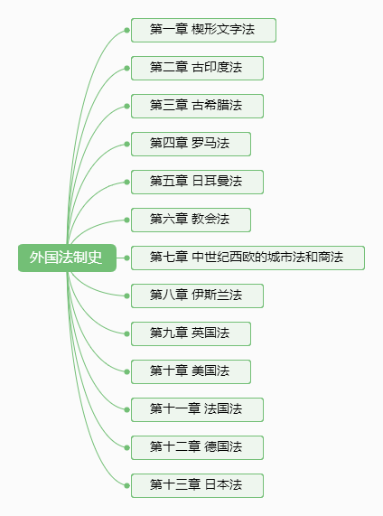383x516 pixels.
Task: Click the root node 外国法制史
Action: pyautogui.click(x=67, y=258)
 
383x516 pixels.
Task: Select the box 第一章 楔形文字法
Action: pyautogui.click(x=203, y=31)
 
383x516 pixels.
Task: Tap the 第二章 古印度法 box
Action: pyautogui.click(x=197, y=68)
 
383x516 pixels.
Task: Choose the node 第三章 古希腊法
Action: pyautogui.click(x=197, y=106)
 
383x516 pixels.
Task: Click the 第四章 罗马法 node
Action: pyautogui.click(x=191, y=145)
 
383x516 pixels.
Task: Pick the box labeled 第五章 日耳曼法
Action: pyautogui.click(x=197, y=182)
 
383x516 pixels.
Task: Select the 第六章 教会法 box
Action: pyautogui.click(x=191, y=220)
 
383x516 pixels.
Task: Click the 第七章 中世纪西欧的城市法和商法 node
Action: pyautogui.click(x=248, y=258)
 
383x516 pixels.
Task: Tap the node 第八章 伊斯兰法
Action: pyautogui.click(x=197, y=296)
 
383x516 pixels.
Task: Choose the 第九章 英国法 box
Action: pyautogui.click(x=191, y=333)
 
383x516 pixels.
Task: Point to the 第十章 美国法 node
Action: pyautogui.click(x=191, y=371)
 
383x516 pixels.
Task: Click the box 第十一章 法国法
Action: pyautogui.click(x=197, y=409)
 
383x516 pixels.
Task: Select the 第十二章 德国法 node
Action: pyautogui.click(x=197, y=447)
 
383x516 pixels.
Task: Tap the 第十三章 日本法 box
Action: pyautogui.click(x=197, y=485)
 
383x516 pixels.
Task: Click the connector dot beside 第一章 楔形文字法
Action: pyautogui.click(x=127, y=31)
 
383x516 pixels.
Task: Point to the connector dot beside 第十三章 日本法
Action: pyautogui.click(x=127, y=485)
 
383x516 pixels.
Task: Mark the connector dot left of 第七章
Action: pyautogui.click(x=127, y=258)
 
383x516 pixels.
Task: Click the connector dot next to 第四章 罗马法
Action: pyautogui.click(x=127, y=145)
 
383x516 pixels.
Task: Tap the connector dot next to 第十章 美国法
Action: pyautogui.click(x=127, y=371)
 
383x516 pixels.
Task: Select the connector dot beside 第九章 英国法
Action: pyautogui.click(x=127, y=333)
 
